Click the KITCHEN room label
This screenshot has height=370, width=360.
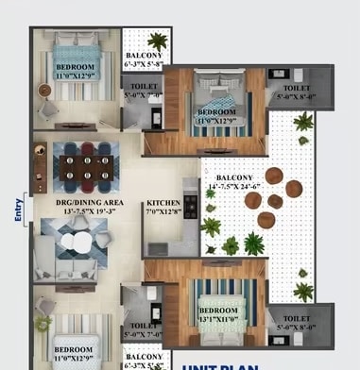point(163,204)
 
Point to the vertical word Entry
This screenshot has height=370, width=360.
point(18,210)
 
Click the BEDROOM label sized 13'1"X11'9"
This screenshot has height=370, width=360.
point(220,311)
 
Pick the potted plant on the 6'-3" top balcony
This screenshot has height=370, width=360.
point(157,42)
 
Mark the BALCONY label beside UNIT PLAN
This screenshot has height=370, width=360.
point(144,354)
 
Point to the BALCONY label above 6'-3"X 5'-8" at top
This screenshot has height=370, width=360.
point(145,56)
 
